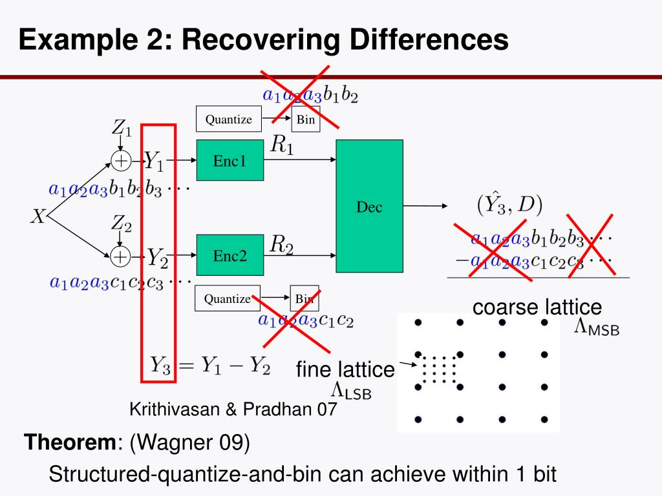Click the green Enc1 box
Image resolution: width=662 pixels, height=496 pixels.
pyautogui.click(x=230, y=160)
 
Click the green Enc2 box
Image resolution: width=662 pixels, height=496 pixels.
pyautogui.click(x=230, y=256)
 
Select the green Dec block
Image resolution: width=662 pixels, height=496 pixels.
pyautogui.click(x=369, y=206)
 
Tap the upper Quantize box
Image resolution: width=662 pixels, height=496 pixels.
pyautogui.click(x=228, y=119)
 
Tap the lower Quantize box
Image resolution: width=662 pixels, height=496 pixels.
pyautogui.click(x=227, y=298)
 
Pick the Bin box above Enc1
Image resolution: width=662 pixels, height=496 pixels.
pyautogui.click(x=305, y=119)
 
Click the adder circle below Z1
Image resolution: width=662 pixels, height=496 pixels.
pyautogui.click(x=121, y=160)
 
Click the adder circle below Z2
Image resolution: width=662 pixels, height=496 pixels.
pyautogui.click(x=120, y=256)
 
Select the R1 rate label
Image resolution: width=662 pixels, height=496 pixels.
pyautogui.click(x=282, y=146)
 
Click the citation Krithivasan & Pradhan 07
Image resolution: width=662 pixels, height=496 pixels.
pyautogui.click(x=233, y=409)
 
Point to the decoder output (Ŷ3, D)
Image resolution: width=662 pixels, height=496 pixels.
pyautogui.click(x=509, y=204)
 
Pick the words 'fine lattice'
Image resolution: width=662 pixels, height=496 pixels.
pyautogui.click(x=345, y=369)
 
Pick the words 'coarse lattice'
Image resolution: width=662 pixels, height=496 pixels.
pyautogui.click(x=537, y=307)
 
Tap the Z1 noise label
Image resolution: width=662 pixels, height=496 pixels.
pyautogui.click(x=122, y=128)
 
